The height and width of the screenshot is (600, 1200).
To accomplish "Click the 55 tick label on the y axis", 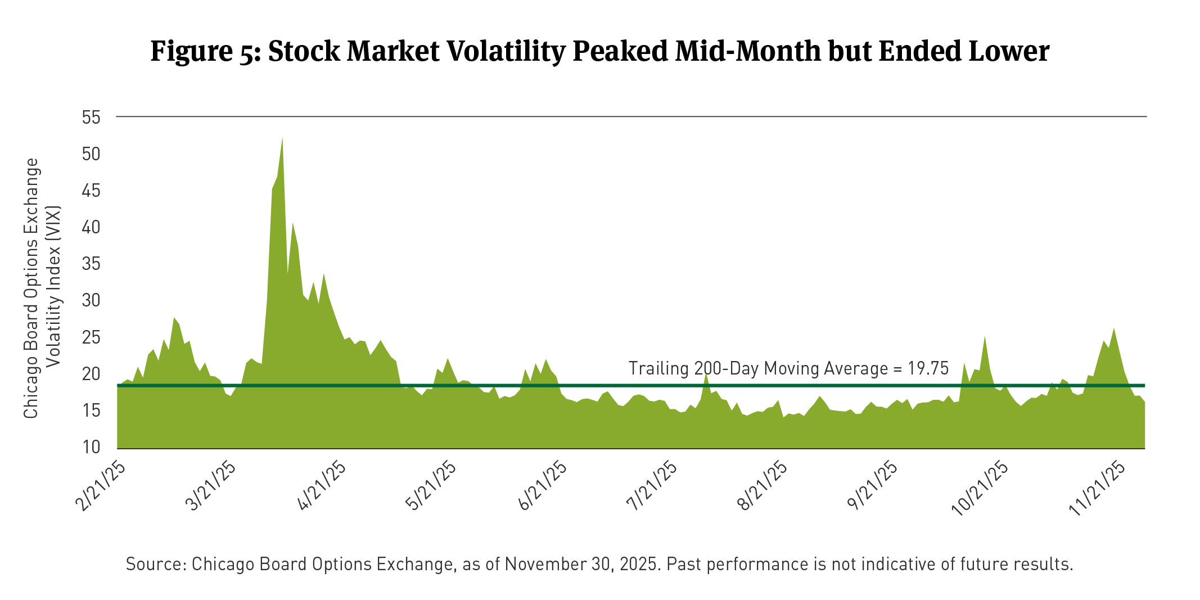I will point(91,118).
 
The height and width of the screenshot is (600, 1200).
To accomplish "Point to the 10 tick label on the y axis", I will point(91,447).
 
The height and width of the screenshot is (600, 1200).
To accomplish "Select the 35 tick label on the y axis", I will point(91,264).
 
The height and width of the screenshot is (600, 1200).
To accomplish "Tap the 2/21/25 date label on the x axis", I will point(101,487).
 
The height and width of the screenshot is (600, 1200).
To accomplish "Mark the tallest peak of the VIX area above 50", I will point(282,138).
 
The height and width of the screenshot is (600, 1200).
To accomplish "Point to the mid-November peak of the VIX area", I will point(1114,330).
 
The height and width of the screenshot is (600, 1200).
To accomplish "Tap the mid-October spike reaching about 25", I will point(985,337).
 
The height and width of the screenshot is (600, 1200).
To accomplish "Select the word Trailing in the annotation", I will point(658,368).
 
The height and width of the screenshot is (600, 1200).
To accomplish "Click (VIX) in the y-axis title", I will point(53,222).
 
